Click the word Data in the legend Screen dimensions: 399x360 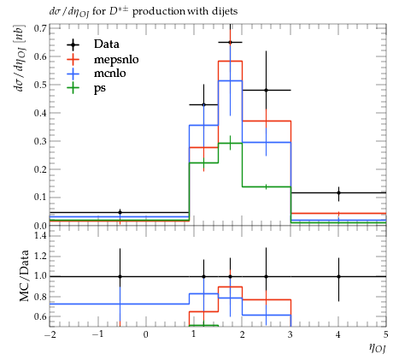pyautogui.click(x=107, y=44)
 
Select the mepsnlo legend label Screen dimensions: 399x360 pyautogui.click(x=116, y=60)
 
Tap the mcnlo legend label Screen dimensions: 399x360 pyautogui.click(x=110, y=74)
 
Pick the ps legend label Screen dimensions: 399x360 pyautogui.click(x=100, y=88)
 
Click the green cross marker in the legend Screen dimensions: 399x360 pyautogui.click(x=73, y=87)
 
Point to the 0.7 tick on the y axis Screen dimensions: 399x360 pyautogui.click(x=40, y=28)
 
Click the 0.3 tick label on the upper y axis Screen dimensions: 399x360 pyautogui.click(x=40, y=141)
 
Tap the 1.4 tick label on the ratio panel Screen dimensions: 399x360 pyautogui.click(x=40, y=236)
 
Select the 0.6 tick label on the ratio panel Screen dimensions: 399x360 pyautogui.click(x=40, y=316)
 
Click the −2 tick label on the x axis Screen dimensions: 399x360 pyautogui.click(x=50, y=334)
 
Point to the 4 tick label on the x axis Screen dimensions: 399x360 pyautogui.click(x=338, y=334)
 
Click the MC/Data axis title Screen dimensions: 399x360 pyautogui.click(x=24, y=275)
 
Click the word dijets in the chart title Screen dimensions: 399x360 pyautogui.click(x=225, y=11)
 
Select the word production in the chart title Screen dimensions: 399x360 pyautogui.click(x=159, y=12)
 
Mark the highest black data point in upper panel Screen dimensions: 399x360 pyautogui.click(x=230, y=43)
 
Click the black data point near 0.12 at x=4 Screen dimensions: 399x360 pyautogui.click(x=338, y=192)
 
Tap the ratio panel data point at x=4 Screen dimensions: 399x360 pyautogui.click(x=338, y=276)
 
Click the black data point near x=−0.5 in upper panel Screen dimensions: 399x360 pyautogui.click(x=120, y=212)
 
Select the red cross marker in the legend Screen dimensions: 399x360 pyautogui.click(x=73, y=59)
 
